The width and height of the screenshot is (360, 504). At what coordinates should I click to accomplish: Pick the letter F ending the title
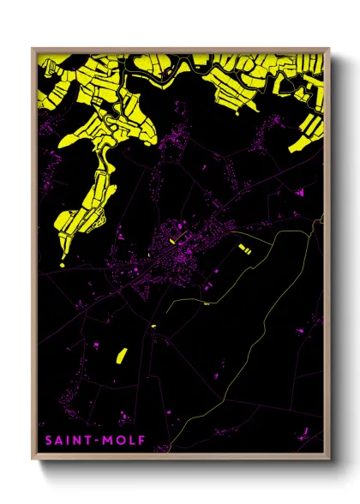(142, 441)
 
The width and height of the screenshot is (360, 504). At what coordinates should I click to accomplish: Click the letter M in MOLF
(106, 441)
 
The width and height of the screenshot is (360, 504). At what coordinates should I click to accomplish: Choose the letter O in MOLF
(119, 441)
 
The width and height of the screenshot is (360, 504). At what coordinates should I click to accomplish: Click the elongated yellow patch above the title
(120, 353)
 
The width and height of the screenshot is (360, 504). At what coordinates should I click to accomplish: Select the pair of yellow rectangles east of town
(244, 250)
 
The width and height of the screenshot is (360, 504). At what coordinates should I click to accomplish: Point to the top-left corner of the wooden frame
(33, 49)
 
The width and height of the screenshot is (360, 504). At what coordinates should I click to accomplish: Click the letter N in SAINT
(77, 441)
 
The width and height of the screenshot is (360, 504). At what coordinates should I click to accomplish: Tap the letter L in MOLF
(132, 441)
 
